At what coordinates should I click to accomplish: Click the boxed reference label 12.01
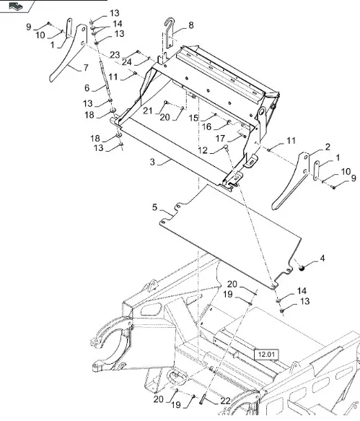point(266,355)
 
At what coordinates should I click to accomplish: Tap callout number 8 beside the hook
point(191,25)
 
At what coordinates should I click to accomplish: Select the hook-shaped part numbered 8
point(169,32)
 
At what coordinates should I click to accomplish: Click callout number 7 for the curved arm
point(86,67)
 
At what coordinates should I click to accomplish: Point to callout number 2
point(328,147)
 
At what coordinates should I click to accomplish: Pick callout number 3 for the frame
point(152,162)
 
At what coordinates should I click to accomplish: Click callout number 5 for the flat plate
point(154,207)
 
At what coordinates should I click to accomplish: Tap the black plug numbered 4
point(302,267)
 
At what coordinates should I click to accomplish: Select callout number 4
point(322,259)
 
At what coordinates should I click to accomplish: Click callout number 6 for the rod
point(87,88)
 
